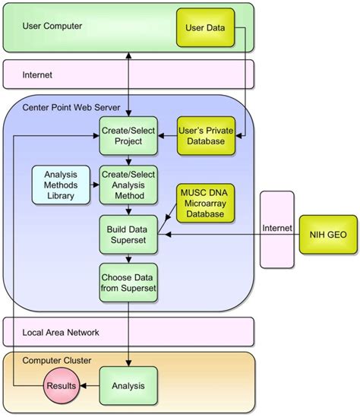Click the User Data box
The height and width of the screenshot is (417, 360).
tap(205, 27)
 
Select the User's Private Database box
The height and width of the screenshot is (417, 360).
tap(206, 136)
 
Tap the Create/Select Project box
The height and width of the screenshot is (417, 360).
tap(128, 136)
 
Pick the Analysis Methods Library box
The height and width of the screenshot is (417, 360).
tap(61, 185)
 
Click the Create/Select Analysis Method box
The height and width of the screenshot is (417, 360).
tap(128, 185)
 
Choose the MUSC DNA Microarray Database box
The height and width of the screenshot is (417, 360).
tap(205, 203)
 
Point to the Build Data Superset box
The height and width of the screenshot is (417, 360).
tap(128, 235)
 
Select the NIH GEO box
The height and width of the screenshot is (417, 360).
tap(328, 235)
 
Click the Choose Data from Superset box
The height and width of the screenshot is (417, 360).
tap(128, 283)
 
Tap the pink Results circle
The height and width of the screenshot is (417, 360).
tap(62, 386)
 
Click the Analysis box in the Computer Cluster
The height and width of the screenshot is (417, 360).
tap(128, 386)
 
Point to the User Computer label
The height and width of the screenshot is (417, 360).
tap(52, 26)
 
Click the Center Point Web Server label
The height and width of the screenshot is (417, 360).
tap(71, 107)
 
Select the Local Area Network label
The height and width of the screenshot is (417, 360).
tap(61, 333)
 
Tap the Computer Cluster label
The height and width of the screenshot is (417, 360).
tap(57, 361)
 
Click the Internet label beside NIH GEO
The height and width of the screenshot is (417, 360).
tap(277, 228)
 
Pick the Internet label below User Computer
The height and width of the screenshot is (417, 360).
tap(37, 75)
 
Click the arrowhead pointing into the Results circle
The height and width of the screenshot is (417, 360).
tap(83, 386)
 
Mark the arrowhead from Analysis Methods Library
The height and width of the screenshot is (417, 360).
tap(96, 185)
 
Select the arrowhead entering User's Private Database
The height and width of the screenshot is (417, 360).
tap(238, 136)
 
